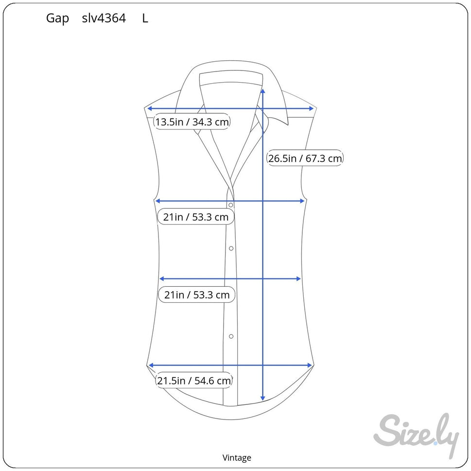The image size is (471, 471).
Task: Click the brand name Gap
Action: (x=57, y=18)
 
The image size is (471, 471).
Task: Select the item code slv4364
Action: (x=104, y=18)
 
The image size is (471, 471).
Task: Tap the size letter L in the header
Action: (x=145, y=18)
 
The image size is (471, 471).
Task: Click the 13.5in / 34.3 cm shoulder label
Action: (x=192, y=122)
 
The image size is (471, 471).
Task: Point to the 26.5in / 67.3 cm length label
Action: (x=305, y=158)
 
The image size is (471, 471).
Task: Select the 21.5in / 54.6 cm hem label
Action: (x=194, y=380)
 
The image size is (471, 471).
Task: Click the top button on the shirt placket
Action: (x=231, y=205)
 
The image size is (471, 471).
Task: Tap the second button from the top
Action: (x=231, y=248)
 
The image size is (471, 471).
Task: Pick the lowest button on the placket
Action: (x=231, y=336)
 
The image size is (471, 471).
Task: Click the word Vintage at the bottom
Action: (x=237, y=457)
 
